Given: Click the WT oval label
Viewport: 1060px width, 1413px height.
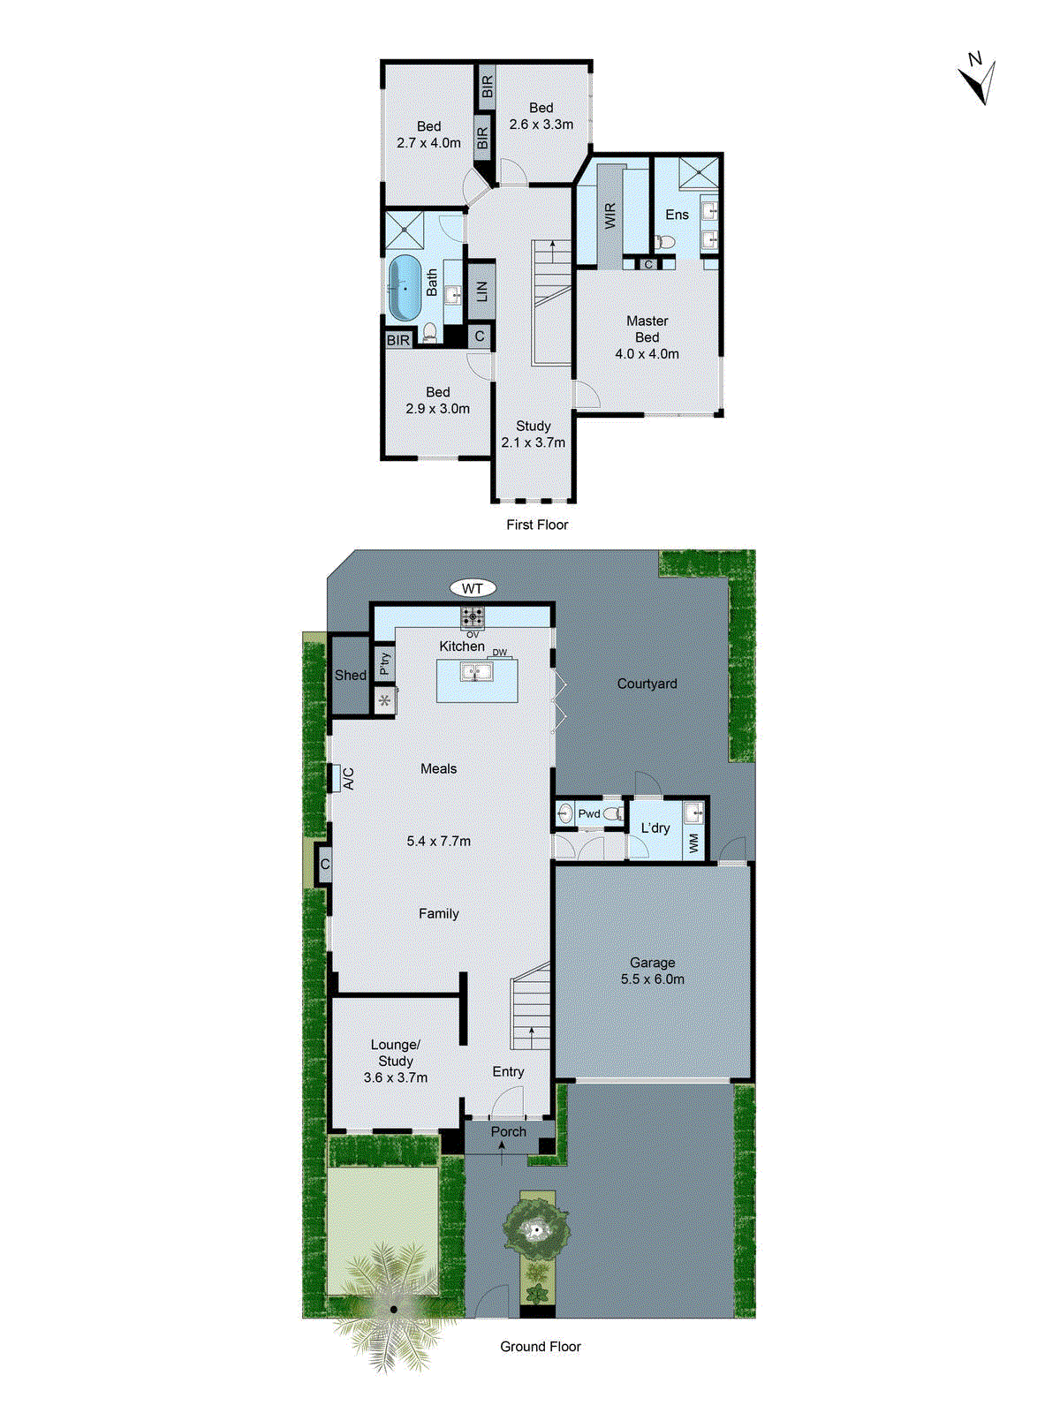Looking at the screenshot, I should tap(473, 588).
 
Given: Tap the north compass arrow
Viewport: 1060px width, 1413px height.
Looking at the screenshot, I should tap(978, 82).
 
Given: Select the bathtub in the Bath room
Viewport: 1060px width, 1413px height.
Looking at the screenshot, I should tap(405, 288).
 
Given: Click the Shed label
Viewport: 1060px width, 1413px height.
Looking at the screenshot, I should tap(350, 675).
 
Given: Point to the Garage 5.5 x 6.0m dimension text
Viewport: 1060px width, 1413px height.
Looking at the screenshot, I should tap(652, 979).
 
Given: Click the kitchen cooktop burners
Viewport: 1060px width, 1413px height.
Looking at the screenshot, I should tap(473, 616).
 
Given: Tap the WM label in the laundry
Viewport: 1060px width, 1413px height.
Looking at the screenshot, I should tap(693, 843).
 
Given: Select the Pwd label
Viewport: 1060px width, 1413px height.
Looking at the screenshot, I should tap(589, 813).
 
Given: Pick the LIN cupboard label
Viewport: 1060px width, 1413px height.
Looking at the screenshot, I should tap(481, 291).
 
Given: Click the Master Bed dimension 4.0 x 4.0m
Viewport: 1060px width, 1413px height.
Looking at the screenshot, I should tap(647, 353).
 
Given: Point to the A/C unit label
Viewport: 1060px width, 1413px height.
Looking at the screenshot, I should tap(348, 778).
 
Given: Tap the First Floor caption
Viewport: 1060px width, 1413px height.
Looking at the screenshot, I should tap(537, 525).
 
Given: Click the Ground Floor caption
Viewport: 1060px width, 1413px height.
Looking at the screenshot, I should tap(541, 1346).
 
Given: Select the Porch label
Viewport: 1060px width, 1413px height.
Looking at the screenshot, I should tap(508, 1131).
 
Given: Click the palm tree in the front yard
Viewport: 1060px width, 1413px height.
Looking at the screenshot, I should tap(393, 1310).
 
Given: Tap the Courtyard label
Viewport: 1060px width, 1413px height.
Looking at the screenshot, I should tap(647, 684).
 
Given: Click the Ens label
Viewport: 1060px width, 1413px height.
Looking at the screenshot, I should tap(677, 215).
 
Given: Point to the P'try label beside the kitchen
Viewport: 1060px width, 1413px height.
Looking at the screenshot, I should tap(384, 663).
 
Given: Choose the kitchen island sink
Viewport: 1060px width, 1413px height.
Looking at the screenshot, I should tap(477, 673).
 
